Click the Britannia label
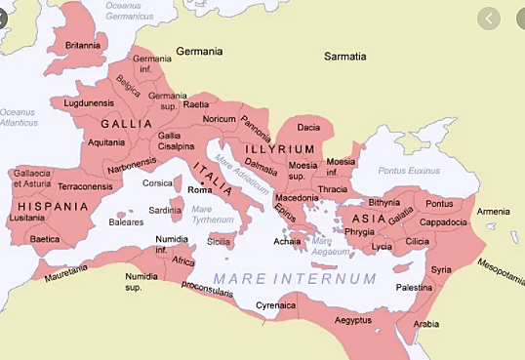point(83,45)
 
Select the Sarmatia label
point(345,57)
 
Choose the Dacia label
point(308,128)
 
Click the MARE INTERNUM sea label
point(295,279)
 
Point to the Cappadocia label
point(444,221)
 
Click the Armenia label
point(493,212)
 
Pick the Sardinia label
point(164,210)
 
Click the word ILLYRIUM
point(280,148)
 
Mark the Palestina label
point(414,288)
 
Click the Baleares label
point(126,221)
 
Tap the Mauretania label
point(65,268)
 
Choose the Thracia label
point(332,189)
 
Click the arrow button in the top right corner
point(489,18)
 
